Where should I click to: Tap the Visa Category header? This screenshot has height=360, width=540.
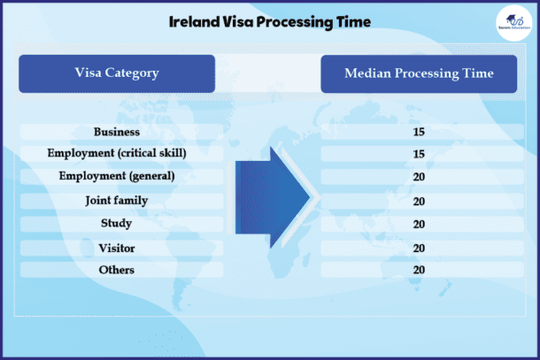(x=117, y=73)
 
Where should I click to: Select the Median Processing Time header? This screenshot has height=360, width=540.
(x=419, y=73)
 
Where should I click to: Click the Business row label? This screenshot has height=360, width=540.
(x=117, y=133)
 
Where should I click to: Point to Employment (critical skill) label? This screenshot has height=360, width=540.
(x=117, y=153)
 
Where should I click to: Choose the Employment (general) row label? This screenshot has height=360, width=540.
(x=117, y=175)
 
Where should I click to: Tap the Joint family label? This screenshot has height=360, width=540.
(x=117, y=201)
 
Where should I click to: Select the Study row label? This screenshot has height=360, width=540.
(x=117, y=224)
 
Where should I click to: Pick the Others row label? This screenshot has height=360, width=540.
(x=117, y=269)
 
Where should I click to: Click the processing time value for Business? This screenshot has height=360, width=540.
(x=420, y=133)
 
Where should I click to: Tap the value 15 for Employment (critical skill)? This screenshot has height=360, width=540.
(x=420, y=154)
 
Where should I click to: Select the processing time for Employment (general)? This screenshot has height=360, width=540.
(x=420, y=176)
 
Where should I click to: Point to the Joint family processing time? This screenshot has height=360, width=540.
(x=420, y=202)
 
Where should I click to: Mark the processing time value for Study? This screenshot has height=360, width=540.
(x=420, y=225)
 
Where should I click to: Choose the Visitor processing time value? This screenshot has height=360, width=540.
(x=420, y=249)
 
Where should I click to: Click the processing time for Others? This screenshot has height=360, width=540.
(x=420, y=270)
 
